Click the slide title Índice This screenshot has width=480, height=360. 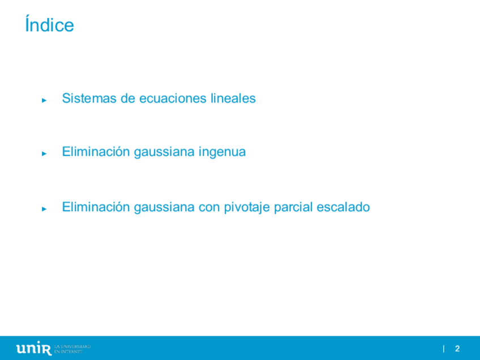tap(50, 24)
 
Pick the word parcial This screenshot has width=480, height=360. tap(293, 208)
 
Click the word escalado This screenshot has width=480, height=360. tap(343, 207)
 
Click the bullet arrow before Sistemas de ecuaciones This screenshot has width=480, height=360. tap(44, 100)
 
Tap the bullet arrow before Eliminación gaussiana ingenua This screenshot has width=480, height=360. tap(44, 153)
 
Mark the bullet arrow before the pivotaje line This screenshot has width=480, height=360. tap(44, 209)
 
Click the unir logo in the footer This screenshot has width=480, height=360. tap(34, 348)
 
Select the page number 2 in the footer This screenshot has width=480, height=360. tap(457, 348)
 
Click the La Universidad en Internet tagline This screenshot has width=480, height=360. tap(72, 349)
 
